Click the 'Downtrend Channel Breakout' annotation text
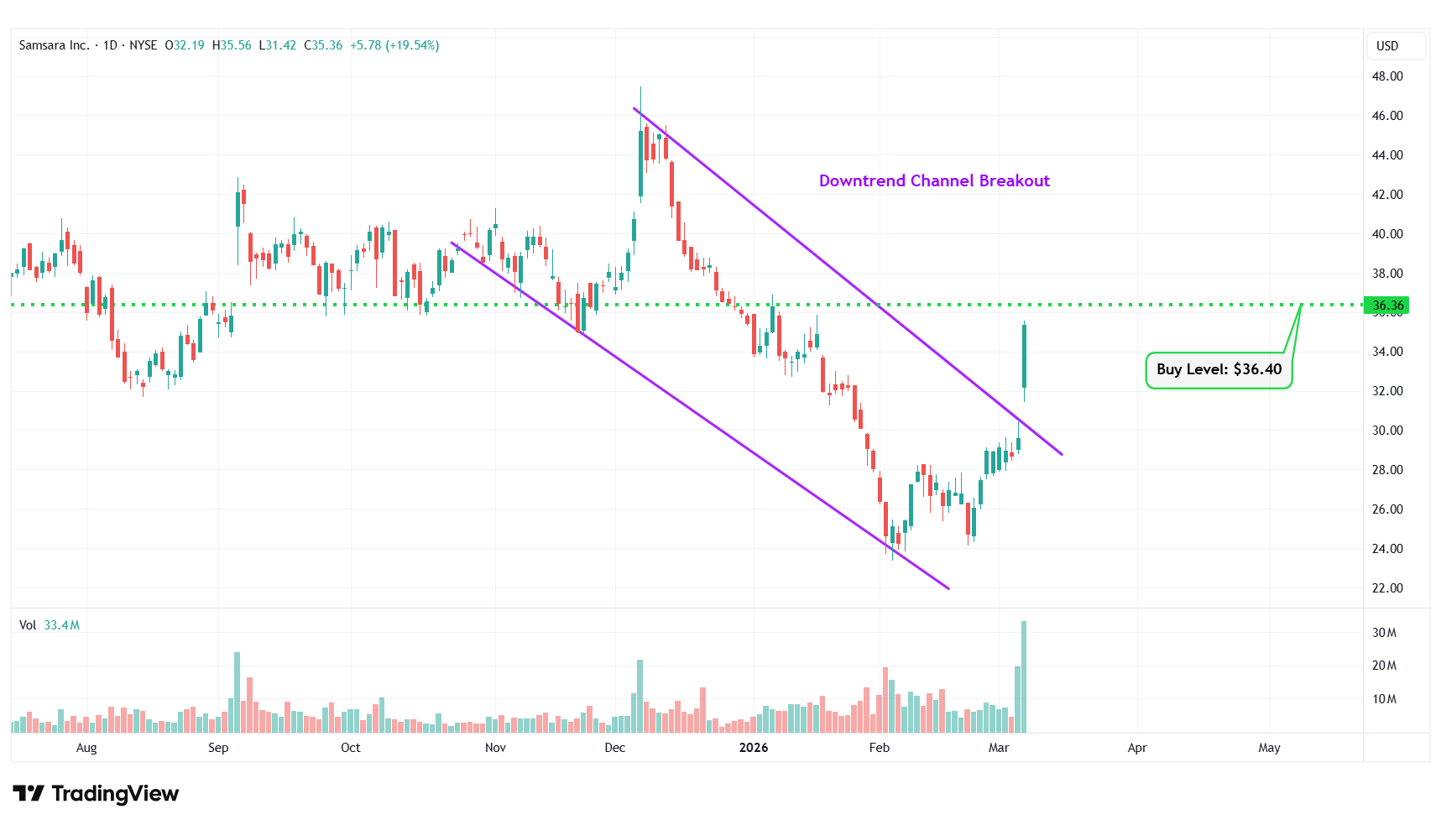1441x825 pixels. click(934, 180)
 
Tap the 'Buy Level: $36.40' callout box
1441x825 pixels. click(1219, 369)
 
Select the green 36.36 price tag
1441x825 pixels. click(1387, 305)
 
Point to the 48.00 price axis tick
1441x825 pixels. click(1387, 76)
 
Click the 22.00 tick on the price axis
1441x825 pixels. click(1387, 588)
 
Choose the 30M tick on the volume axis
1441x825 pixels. click(1384, 633)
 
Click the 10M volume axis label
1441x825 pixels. click(1384, 699)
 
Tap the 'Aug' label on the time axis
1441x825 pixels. click(86, 748)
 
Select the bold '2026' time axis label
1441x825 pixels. click(754, 748)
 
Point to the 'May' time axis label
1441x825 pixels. click(1269, 748)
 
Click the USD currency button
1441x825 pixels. click(1387, 46)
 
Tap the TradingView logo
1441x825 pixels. click(96, 794)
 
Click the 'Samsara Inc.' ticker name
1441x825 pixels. click(54, 45)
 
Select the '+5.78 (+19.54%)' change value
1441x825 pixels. click(394, 45)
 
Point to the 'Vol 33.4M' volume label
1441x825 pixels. click(50, 625)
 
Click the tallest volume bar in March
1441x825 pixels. click(1024, 676)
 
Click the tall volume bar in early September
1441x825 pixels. click(237, 692)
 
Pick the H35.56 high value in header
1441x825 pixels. click(232, 45)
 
